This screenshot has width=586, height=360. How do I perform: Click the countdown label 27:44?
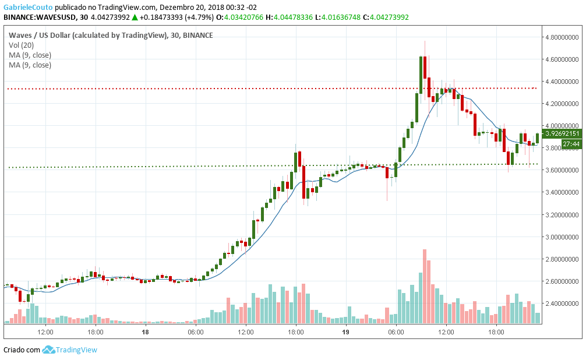tap(570, 144)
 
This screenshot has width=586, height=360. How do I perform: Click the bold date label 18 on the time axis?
tap(145, 332)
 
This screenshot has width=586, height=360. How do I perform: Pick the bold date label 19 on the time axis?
tap(345, 332)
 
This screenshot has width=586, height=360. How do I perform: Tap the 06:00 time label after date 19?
tap(396, 332)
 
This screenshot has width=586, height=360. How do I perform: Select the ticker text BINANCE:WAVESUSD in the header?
tap(37, 17)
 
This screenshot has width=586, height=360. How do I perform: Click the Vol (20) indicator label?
tap(21, 45)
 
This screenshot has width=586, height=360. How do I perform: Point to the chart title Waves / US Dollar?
tap(43, 35)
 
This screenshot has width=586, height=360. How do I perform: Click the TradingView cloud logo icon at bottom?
tap(48, 350)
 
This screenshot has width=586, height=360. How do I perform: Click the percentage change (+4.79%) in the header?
tap(195, 17)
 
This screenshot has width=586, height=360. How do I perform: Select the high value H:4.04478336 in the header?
tap(291, 17)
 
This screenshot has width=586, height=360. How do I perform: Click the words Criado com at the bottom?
tap(22, 350)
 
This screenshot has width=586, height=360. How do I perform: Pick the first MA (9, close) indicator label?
tap(30, 55)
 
